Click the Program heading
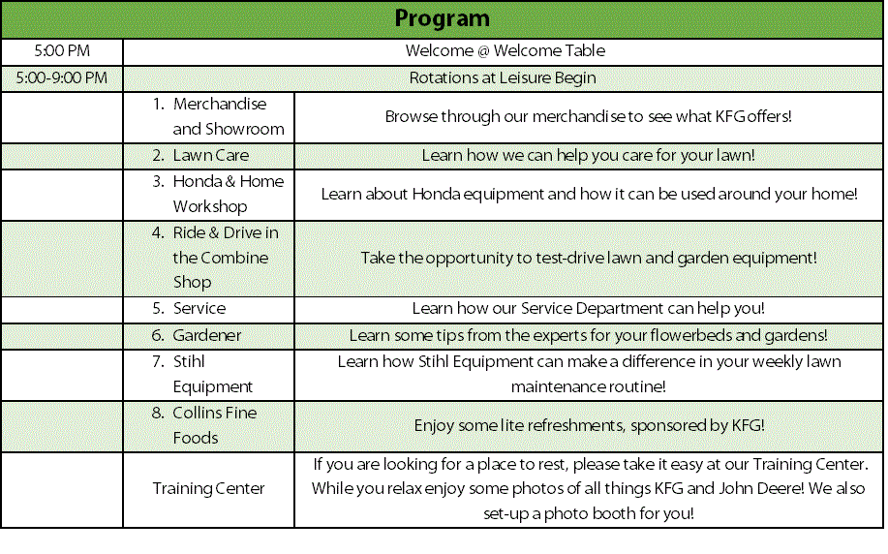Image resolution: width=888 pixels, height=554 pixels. (443, 18)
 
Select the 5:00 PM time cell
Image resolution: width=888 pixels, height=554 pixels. (61, 50)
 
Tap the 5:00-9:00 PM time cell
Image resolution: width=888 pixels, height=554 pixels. (61, 77)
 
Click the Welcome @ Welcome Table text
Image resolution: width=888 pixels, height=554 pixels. (505, 50)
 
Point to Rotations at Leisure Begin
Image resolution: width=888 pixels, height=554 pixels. (502, 77)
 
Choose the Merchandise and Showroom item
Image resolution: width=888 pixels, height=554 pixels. (228, 116)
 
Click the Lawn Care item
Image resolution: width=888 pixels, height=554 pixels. (210, 155)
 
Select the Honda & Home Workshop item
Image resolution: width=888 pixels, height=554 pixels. (228, 194)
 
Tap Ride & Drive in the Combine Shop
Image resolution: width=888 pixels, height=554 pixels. (225, 258)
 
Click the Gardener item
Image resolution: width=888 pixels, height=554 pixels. (206, 335)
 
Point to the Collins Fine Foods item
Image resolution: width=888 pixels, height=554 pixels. (214, 425)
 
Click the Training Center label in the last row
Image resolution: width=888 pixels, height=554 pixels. (208, 488)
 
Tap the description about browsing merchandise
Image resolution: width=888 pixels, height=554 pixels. (588, 116)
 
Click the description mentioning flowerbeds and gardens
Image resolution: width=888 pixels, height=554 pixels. (588, 335)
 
